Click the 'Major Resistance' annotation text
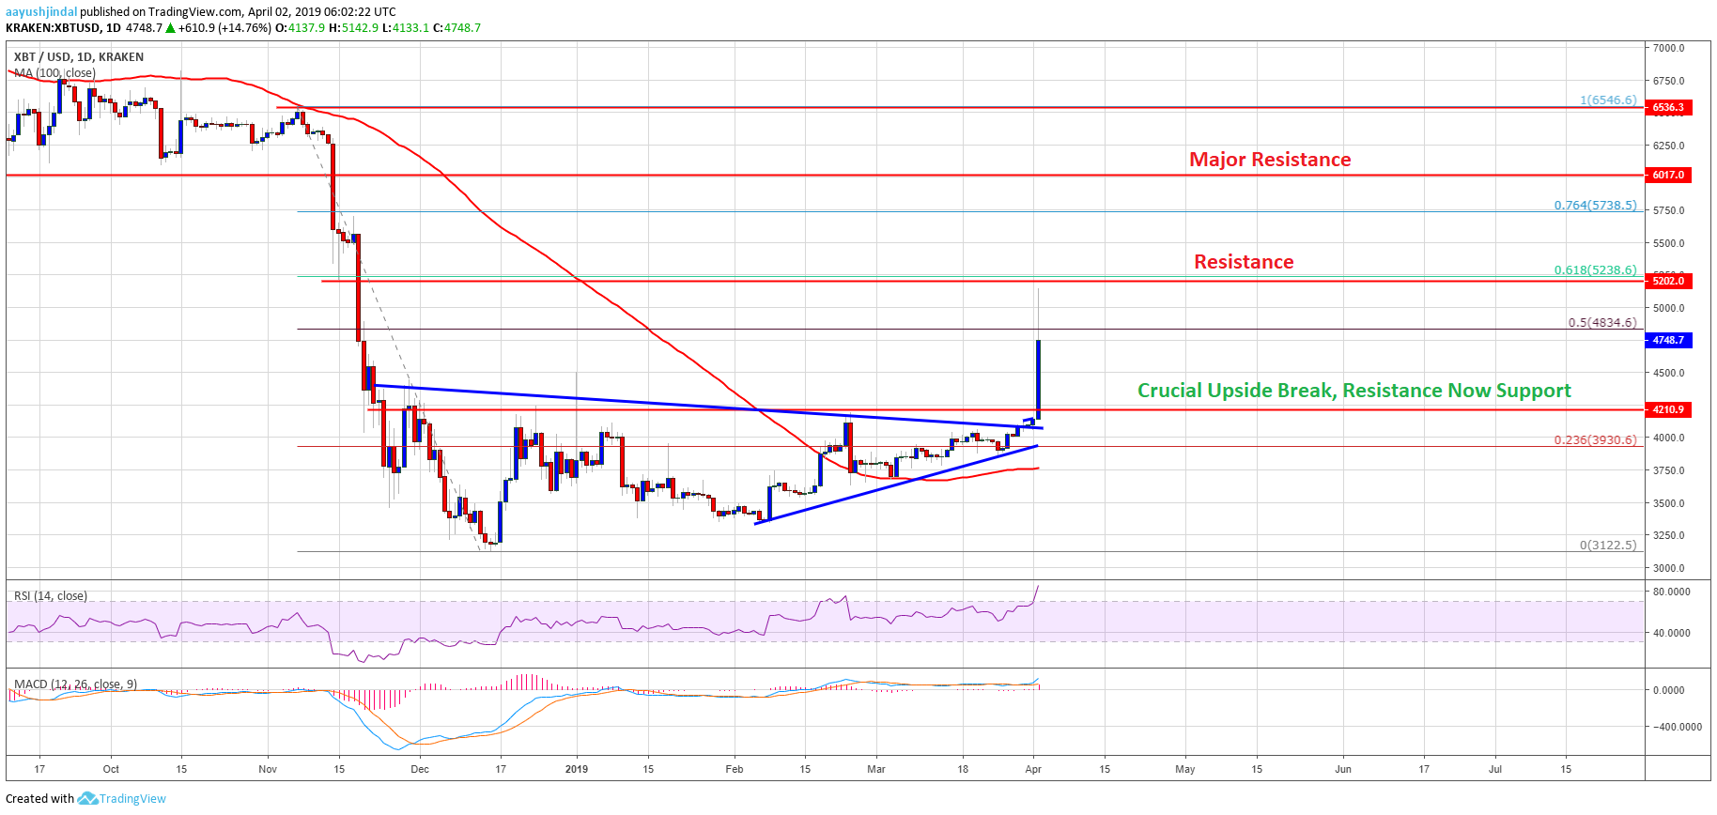[x=1270, y=160]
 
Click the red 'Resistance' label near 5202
[x=1244, y=262]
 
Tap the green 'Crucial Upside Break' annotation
[x=1353, y=391]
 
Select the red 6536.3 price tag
[x=1668, y=108]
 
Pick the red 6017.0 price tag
[x=1668, y=176]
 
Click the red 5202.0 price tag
[x=1668, y=282]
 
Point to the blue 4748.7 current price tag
[x=1668, y=341]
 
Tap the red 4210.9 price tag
[x=1668, y=410]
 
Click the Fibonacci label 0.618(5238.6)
[x=1595, y=270]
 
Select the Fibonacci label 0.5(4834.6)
[x=1601, y=323]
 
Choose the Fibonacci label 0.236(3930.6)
[x=1595, y=439]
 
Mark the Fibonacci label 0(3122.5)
[x=1607, y=545]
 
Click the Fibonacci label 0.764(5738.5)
[x=1595, y=206]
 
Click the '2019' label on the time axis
[x=577, y=769]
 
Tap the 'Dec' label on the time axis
[x=420, y=769]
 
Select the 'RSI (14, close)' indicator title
[x=51, y=596]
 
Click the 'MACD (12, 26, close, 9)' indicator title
[x=75, y=684]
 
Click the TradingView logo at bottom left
[x=122, y=799]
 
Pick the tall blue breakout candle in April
[x=1038, y=376]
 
